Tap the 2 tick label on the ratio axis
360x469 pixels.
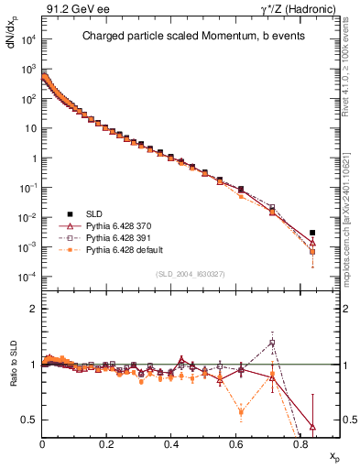(x=35, y=309)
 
